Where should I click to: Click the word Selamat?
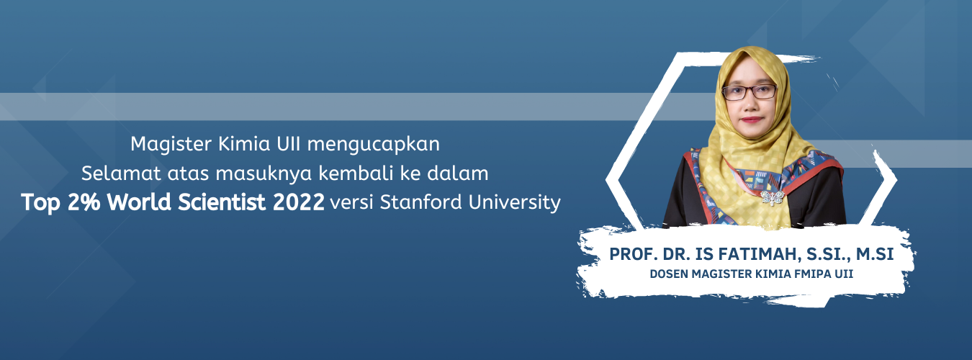click(x=121, y=173)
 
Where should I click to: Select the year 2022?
click(x=299, y=202)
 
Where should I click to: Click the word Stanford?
click(x=420, y=202)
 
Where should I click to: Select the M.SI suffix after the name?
click(x=874, y=254)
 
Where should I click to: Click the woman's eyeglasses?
click(x=750, y=92)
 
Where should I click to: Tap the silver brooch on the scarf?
click(x=772, y=198)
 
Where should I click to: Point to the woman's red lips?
click(x=752, y=120)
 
